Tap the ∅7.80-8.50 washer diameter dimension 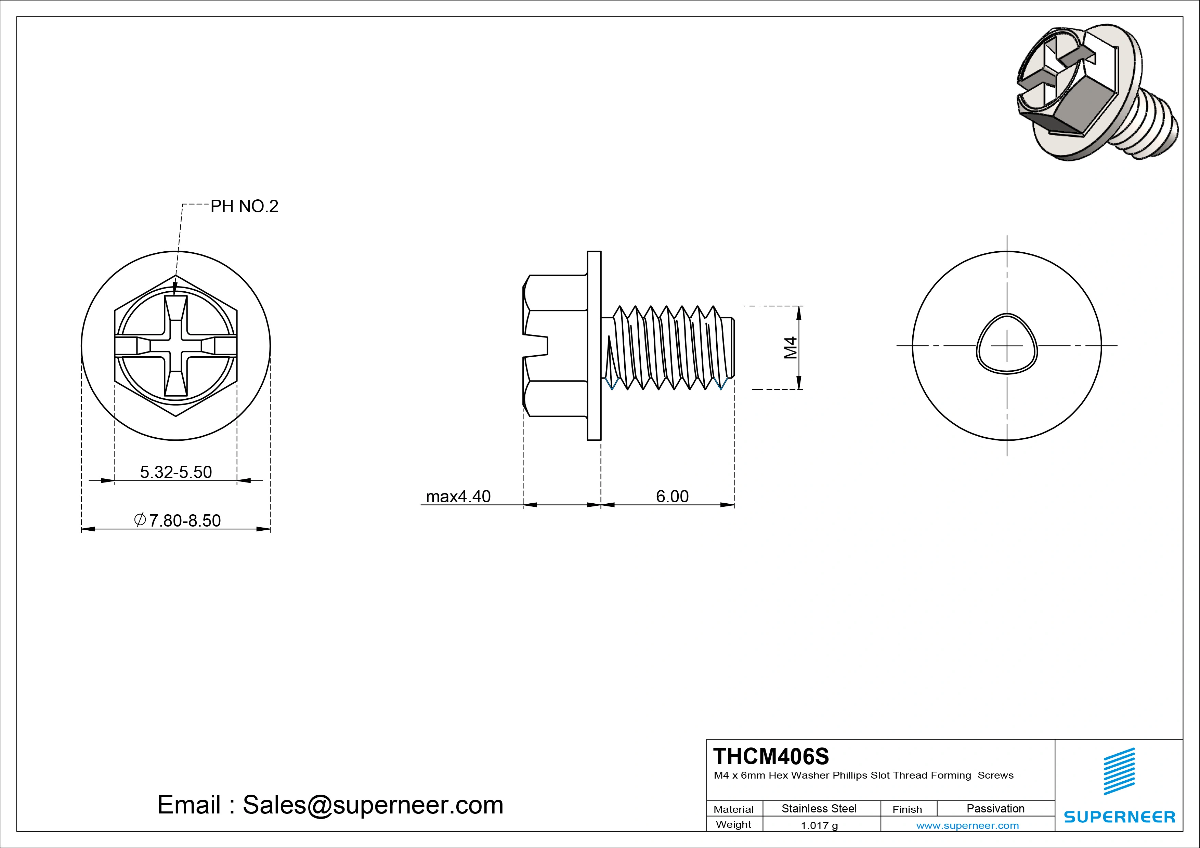click(178, 520)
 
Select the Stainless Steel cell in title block click(819, 808)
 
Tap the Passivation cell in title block click(995, 808)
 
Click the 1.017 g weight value click(819, 825)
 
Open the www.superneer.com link click(967, 825)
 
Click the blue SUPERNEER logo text click(1119, 817)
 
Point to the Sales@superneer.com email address click(373, 805)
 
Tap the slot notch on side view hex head click(538, 345)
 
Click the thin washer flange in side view click(594, 345)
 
